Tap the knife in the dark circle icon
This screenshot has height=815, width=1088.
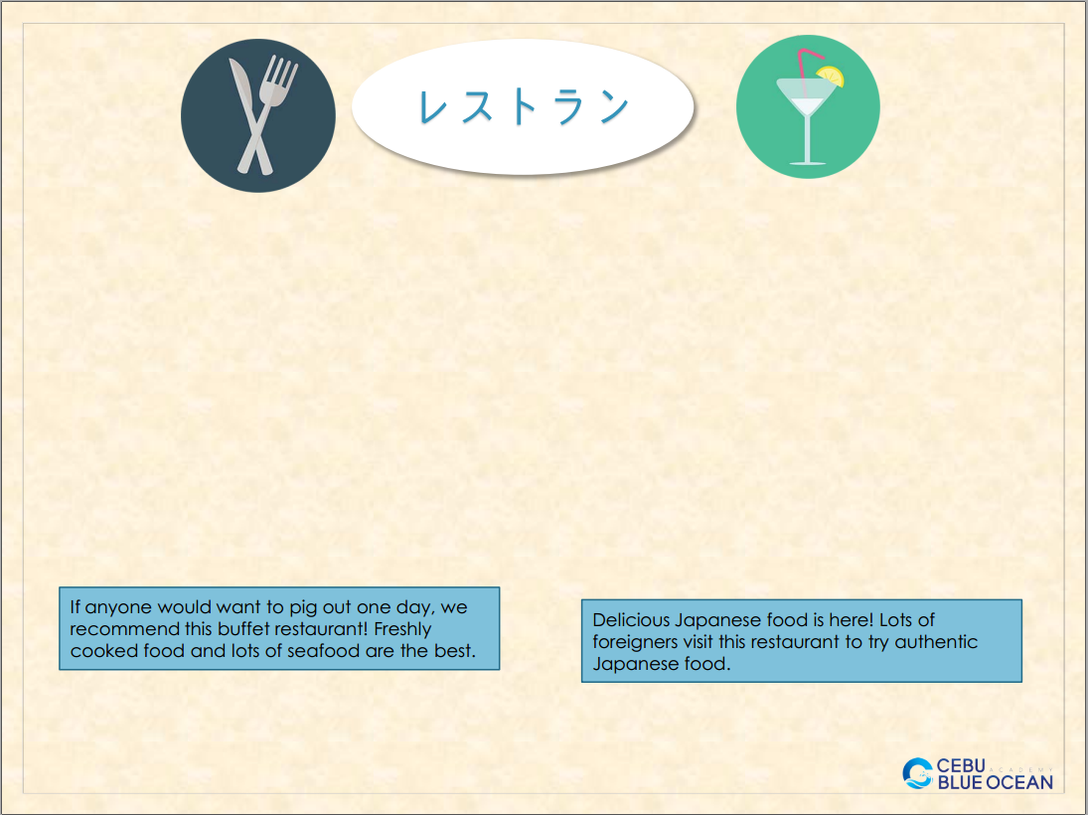(248, 111)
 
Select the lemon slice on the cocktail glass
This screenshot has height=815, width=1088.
(831, 76)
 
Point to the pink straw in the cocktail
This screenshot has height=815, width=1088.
(806, 69)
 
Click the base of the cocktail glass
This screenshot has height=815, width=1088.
(808, 163)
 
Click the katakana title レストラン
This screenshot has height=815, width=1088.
(524, 107)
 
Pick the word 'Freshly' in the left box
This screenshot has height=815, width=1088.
(402, 630)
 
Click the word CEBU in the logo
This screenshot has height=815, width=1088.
(961, 765)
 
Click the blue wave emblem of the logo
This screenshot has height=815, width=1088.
(917, 773)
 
